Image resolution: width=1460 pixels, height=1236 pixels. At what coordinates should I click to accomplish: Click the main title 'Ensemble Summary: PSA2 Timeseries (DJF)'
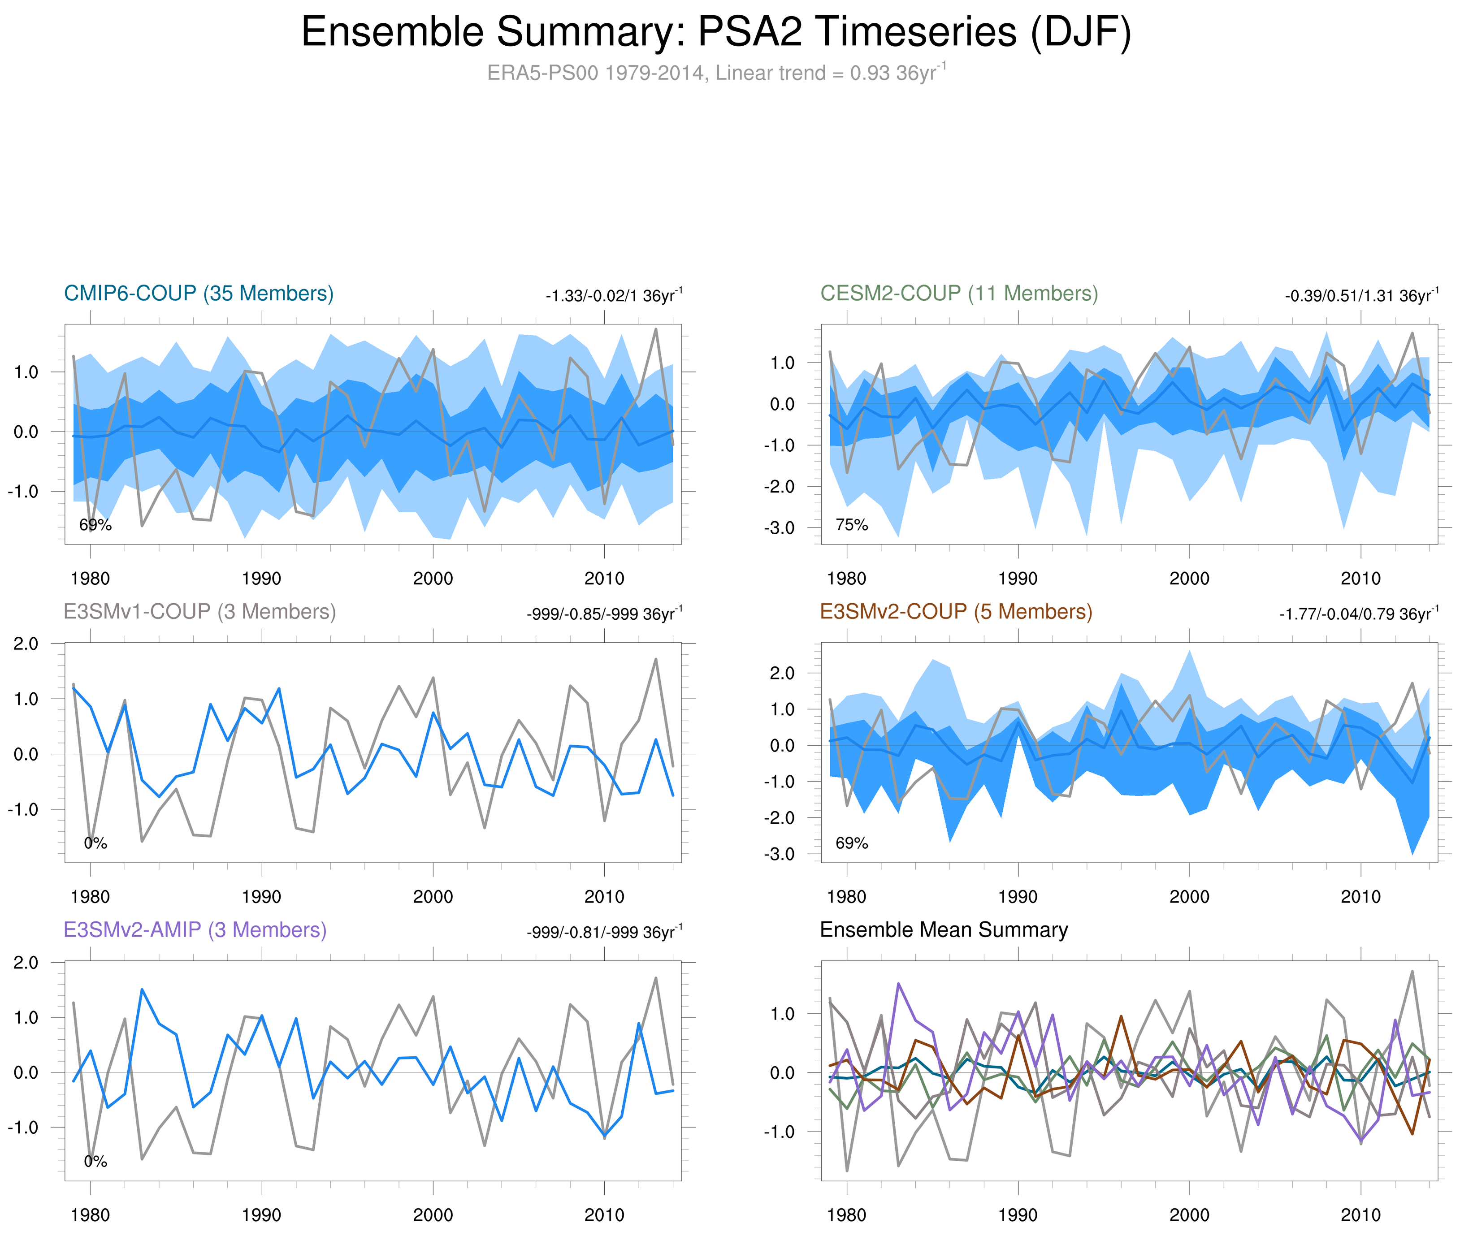pos(715,32)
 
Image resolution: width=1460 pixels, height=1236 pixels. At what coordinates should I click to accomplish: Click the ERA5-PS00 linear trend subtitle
pos(715,73)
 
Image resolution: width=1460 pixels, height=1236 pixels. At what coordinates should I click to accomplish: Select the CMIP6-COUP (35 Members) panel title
pos(199,293)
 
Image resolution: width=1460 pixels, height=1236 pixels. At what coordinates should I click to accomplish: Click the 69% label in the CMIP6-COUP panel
pos(95,525)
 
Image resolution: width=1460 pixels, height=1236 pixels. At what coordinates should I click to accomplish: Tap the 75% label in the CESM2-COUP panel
pos(852,525)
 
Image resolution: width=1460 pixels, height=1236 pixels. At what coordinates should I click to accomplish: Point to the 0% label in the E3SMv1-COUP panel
pos(95,843)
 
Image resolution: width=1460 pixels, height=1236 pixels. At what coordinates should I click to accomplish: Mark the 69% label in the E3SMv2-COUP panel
pos(852,843)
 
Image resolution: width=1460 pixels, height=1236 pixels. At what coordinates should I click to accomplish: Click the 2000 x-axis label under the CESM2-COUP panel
pos(1189,579)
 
